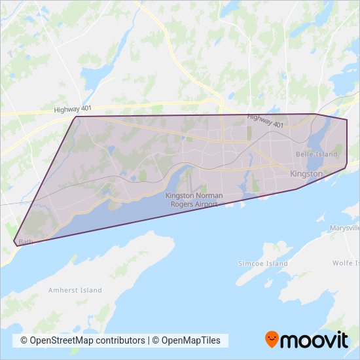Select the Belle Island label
(317, 154)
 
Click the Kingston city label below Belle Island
(306, 174)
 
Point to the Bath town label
(26, 242)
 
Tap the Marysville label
(346, 228)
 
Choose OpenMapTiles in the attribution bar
(192, 340)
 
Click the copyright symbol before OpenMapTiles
(156, 340)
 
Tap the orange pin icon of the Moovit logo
(272, 339)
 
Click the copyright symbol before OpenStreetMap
(24, 340)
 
